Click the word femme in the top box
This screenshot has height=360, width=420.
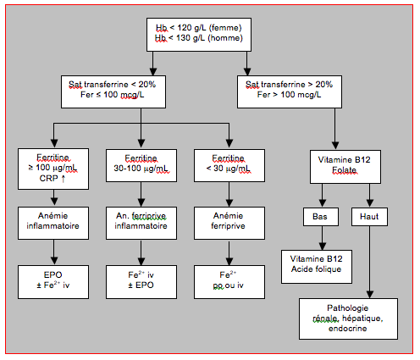[x=225, y=28]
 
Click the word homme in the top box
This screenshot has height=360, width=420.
[x=225, y=38]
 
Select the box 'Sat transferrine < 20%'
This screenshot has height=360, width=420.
[x=113, y=91]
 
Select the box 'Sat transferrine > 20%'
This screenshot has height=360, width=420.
[x=290, y=91]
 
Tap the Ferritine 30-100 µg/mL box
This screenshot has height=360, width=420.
[x=141, y=165]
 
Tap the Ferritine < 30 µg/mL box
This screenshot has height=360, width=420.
[x=229, y=165]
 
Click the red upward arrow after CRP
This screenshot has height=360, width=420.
[x=64, y=179]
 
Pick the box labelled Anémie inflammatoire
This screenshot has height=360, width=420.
[x=53, y=223]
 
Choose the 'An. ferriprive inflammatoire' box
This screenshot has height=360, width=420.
[x=141, y=223]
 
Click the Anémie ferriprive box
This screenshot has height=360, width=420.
[x=229, y=223]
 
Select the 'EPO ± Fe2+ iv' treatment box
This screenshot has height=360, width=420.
[x=53, y=282]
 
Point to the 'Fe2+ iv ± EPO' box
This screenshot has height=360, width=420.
[x=141, y=282]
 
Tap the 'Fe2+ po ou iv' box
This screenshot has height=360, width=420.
[x=229, y=282]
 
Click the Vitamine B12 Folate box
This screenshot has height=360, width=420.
[x=345, y=167]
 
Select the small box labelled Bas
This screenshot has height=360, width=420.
[x=321, y=217]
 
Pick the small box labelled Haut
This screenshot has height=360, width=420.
[x=369, y=217]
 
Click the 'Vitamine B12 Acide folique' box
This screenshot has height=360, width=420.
[x=317, y=267]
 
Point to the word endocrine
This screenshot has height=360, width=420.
[x=347, y=329]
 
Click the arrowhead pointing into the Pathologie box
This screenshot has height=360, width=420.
[x=369, y=295]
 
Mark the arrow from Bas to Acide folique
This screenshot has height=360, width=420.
[x=323, y=238]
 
